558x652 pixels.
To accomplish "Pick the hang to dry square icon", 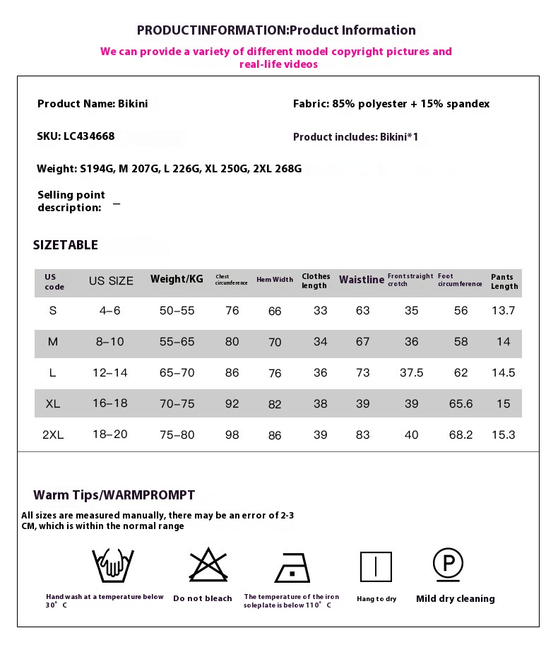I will point(376,567).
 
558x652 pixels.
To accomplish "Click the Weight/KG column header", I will point(177,279).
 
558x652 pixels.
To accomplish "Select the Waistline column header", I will point(361,280).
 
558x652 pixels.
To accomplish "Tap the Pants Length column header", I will point(504,281).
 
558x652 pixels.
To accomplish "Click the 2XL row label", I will point(53,435).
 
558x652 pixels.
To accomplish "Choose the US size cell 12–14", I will point(110,373).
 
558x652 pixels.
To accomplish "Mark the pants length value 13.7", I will point(503,311).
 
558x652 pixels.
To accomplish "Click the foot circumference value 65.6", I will point(461,404).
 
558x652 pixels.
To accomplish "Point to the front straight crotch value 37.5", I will point(411,373).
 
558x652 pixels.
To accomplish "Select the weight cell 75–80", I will point(177,435).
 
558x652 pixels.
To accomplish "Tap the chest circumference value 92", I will point(232,404).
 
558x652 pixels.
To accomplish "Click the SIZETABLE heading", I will point(66,245).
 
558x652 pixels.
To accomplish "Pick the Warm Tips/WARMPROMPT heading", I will point(114,495).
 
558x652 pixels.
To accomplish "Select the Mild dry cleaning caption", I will point(455,599).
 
